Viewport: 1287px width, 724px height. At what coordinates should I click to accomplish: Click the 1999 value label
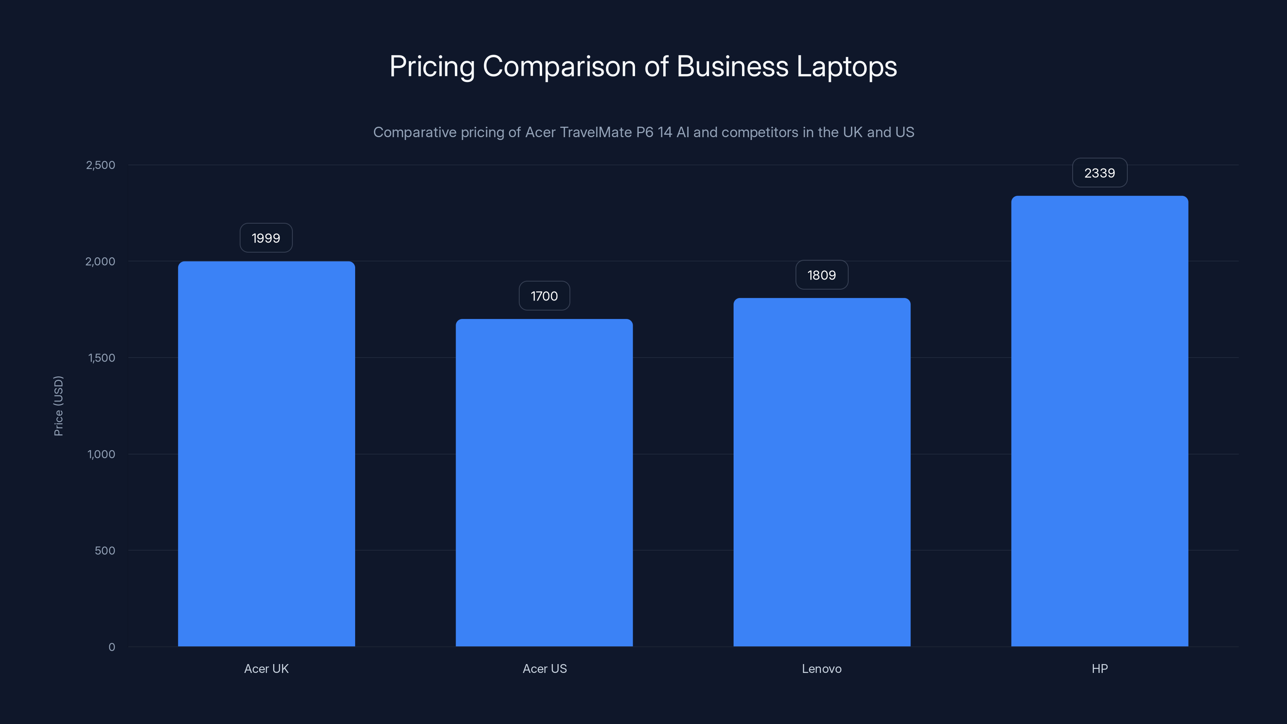tap(266, 238)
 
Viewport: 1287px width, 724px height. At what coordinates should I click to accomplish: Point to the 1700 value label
tap(544, 296)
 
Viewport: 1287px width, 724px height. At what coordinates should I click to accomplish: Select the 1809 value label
tap(821, 275)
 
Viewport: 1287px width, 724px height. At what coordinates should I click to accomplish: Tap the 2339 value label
tap(1099, 173)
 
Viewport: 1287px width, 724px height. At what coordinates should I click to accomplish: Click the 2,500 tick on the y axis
tap(101, 165)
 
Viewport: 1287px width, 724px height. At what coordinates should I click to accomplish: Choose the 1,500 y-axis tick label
tap(101, 358)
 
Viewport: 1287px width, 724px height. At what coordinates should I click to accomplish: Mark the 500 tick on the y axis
tap(105, 551)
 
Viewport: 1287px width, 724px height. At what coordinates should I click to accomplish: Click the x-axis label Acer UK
tap(266, 668)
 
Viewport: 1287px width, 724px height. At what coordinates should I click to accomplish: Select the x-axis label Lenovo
tap(821, 668)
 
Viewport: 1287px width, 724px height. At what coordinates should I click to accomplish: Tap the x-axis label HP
tap(1099, 668)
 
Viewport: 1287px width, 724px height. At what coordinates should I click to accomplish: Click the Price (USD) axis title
tap(58, 406)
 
